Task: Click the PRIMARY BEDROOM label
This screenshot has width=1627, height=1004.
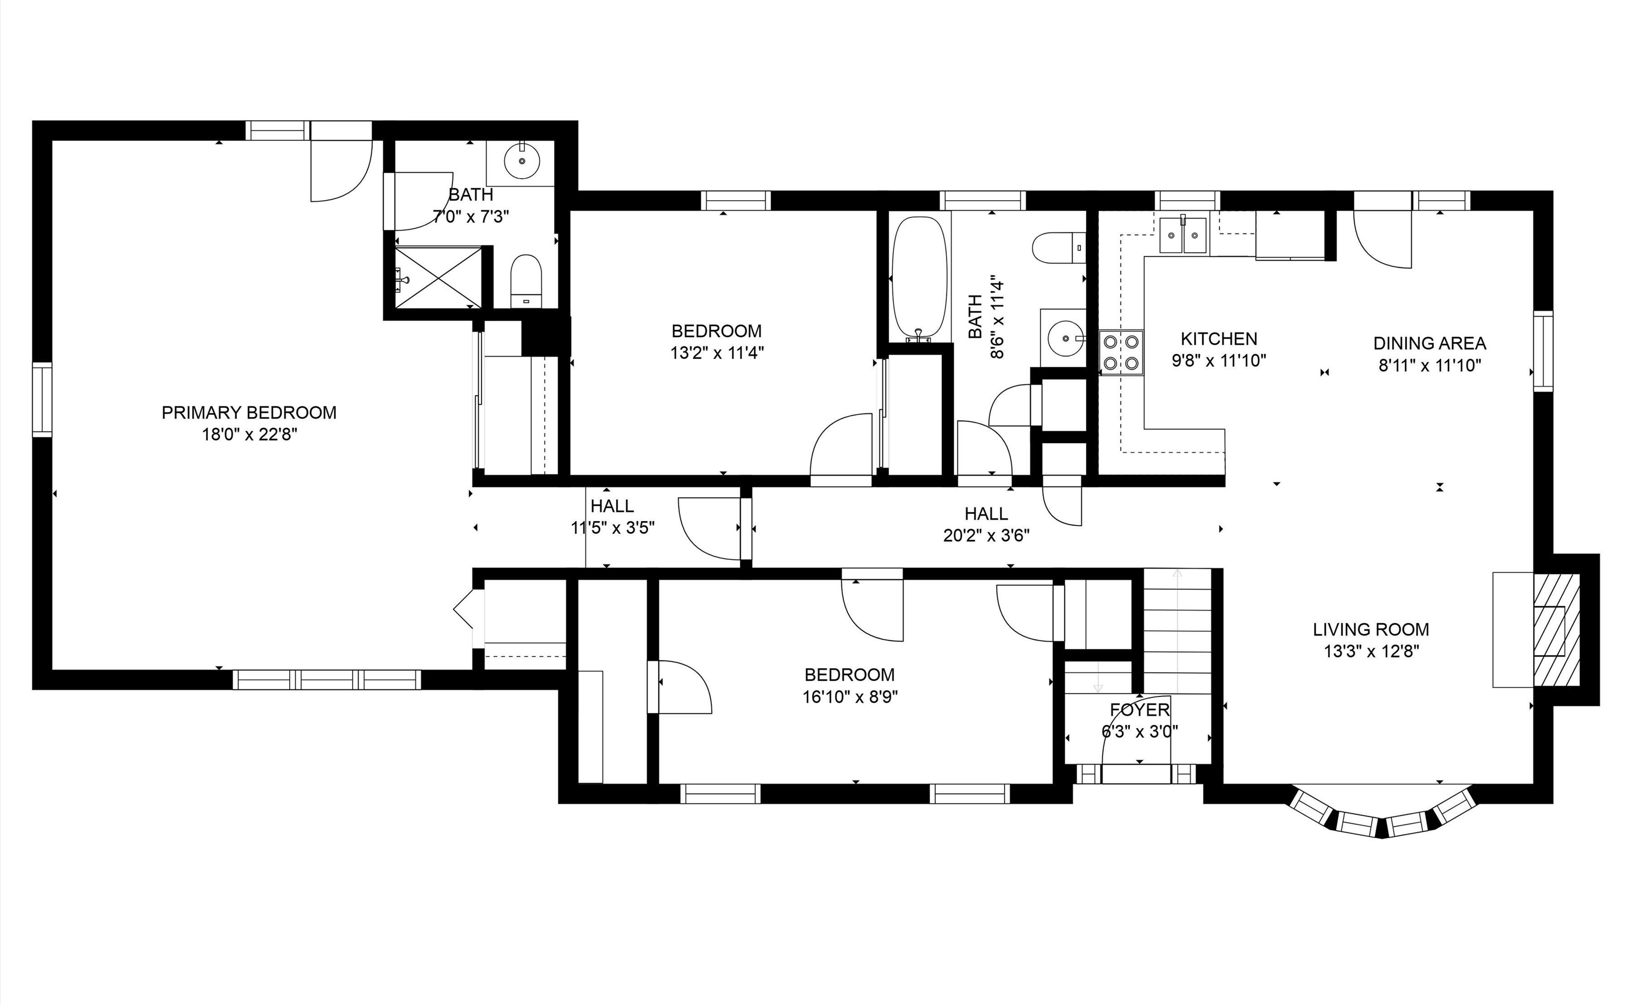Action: [249, 413]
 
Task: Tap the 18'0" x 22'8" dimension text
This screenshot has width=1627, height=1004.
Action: [249, 435]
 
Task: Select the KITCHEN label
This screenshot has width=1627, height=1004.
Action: [1219, 339]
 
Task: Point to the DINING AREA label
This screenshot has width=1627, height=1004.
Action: [1430, 343]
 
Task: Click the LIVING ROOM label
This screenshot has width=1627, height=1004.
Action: [1371, 629]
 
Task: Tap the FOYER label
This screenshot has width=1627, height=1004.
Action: [1140, 710]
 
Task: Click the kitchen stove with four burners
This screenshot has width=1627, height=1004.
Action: [1121, 353]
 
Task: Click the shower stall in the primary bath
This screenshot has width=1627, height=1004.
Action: [439, 277]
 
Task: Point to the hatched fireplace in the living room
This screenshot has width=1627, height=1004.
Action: [1557, 630]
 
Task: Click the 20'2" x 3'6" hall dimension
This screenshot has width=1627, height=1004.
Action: [987, 535]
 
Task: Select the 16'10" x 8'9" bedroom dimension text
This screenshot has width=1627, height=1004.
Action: [850, 696]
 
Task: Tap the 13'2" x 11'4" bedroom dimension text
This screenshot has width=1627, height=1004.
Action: [717, 353]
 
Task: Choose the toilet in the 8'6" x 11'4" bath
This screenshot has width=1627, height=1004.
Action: [1059, 248]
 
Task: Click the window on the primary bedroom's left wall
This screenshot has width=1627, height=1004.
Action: [42, 399]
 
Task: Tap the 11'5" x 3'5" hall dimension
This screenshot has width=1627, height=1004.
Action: [613, 528]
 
